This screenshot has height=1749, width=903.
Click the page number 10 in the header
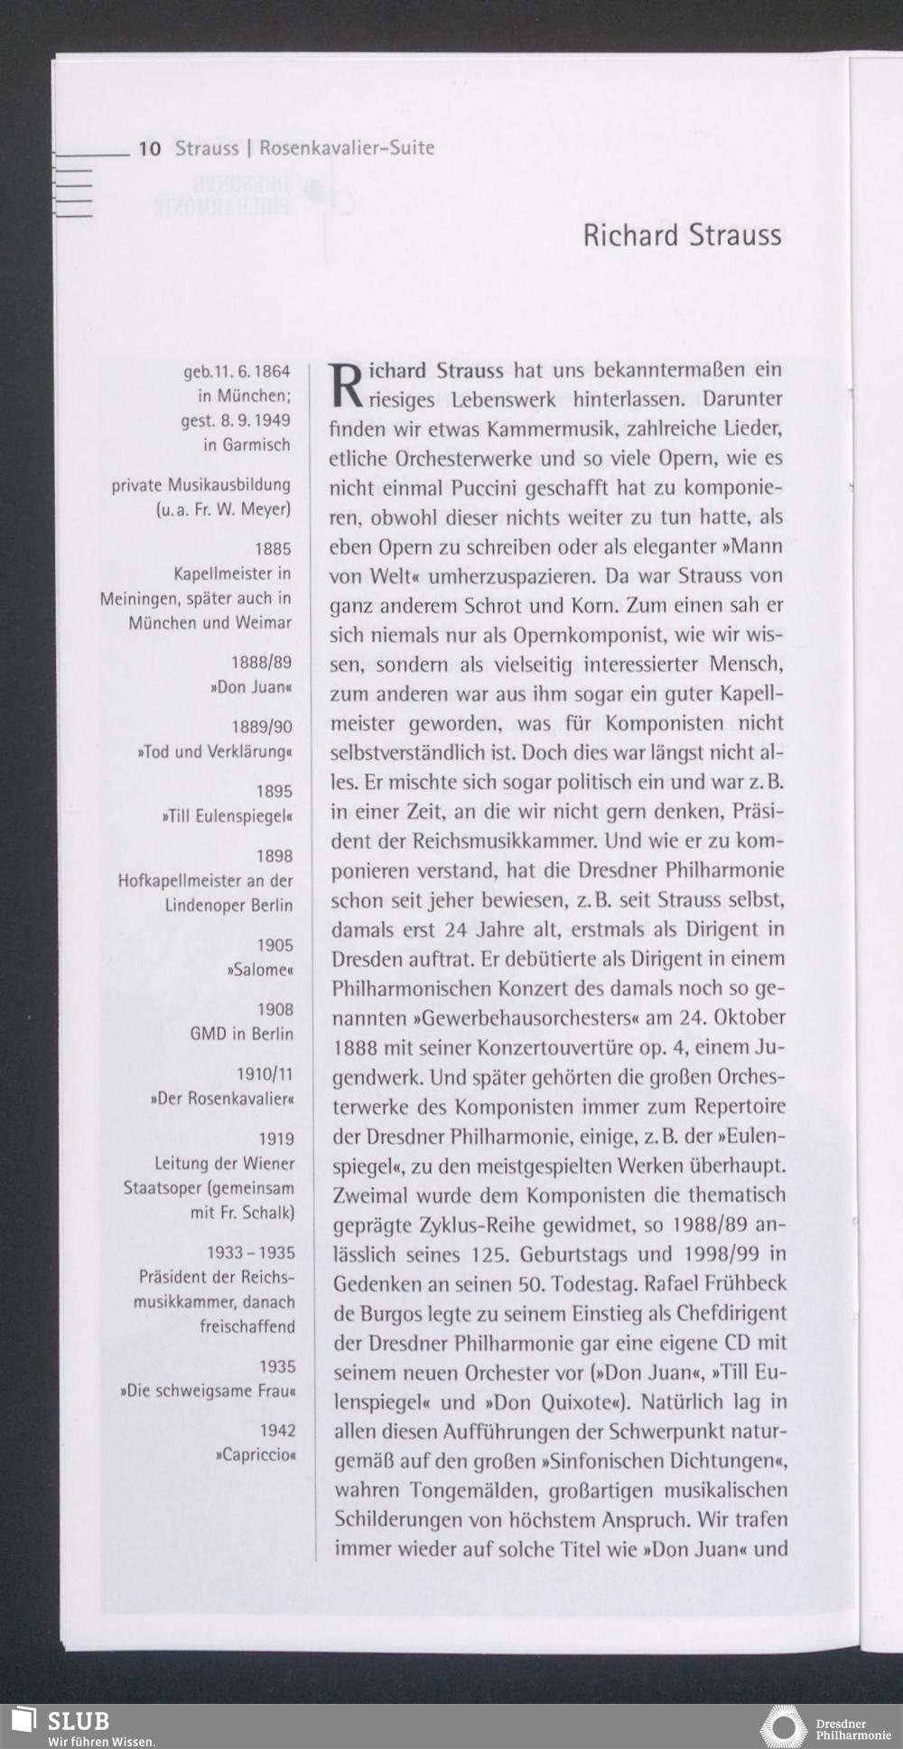click(x=150, y=148)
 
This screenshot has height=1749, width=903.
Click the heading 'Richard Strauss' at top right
click(x=682, y=236)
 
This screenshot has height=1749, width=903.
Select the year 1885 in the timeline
click(x=274, y=549)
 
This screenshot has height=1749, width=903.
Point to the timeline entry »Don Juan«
click(x=252, y=687)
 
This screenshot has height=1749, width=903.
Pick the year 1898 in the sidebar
click(x=275, y=855)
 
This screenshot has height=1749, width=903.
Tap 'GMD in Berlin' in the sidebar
click(x=241, y=1034)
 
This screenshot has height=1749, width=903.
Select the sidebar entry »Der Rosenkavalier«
click(x=222, y=1099)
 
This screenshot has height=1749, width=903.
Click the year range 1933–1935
click(x=251, y=1253)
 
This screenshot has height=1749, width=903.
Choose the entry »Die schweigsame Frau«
click(x=208, y=1391)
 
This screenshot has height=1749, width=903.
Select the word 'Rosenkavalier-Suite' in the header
click(x=347, y=148)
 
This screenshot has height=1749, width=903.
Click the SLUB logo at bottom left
click(x=64, y=1724)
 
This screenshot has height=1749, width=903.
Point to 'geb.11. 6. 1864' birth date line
click(x=237, y=371)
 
